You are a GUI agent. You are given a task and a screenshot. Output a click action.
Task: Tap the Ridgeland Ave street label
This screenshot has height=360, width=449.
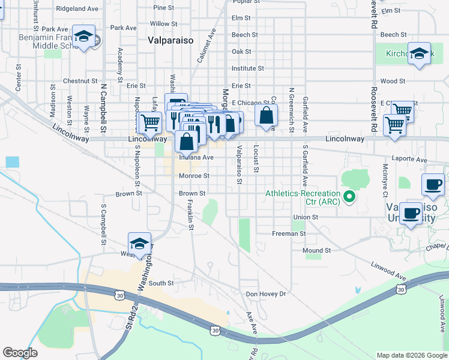pyautogui.click(x=77, y=9)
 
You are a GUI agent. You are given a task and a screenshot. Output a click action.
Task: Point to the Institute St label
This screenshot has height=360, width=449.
pyautogui.click(x=247, y=68)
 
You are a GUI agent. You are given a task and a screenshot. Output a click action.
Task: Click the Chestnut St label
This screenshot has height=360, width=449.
pyautogui.click(x=80, y=80)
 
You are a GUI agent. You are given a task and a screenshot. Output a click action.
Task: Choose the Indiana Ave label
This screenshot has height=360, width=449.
pyautogui.click(x=197, y=157)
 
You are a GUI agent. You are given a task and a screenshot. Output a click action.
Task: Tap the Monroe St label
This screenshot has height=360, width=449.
pyautogui.click(x=194, y=176)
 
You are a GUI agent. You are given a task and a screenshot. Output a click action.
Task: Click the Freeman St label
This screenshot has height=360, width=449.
pyautogui.click(x=289, y=233)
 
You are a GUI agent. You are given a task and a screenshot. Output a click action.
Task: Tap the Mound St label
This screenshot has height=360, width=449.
pyautogui.click(x=316, y=250)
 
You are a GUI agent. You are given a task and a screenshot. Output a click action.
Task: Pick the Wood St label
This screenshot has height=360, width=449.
pyautogui.click(x=393, y=80)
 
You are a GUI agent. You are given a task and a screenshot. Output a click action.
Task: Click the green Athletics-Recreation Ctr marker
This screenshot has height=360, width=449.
pyautogui.click(x=347, y=196)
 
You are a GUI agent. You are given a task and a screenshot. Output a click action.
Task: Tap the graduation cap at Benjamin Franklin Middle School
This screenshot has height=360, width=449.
pyautogui.click(x=83, y=37)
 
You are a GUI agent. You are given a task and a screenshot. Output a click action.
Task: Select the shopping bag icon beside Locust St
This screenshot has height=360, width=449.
pyautogui.click(x=266, y=115)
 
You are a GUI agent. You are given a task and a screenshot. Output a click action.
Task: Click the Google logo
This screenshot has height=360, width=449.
pyautogui.click(x=20, y=353)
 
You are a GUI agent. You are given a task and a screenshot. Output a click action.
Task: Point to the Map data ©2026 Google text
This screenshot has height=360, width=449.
pyautogui.click(x=411, y=355)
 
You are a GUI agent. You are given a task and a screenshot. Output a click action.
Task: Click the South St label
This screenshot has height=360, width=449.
pyautogui.click(x=161, y=283)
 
